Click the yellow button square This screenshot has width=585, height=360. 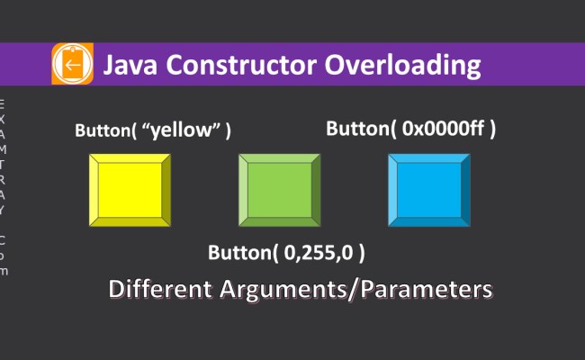click(130, 189)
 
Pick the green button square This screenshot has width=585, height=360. click(279, 189)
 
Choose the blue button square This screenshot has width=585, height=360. click(428, 189)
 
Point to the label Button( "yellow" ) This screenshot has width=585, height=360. click(152, 130)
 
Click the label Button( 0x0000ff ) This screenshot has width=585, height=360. click(410, 129)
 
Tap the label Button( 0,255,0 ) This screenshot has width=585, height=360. click(286, 252)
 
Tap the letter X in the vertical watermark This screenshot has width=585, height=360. click(3, 117)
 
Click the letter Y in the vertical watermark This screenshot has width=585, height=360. click(3, 211)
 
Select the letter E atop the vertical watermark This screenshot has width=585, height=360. click(3, 101)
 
